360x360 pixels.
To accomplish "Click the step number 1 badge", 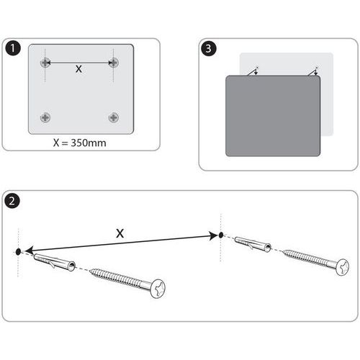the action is click(12, 48).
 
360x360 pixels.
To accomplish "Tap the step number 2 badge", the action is click(12, 201).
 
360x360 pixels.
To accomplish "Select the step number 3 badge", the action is click(208, 48).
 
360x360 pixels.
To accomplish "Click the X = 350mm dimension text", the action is click(80, 143).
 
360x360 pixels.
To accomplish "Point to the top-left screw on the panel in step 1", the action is click(45, 63).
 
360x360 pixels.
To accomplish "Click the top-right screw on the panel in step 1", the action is click(114, 63).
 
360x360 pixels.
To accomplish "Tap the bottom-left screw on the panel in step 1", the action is click(45, 117).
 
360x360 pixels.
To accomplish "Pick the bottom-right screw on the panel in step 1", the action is click(114, 117).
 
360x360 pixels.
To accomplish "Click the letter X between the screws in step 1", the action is click(78, 69).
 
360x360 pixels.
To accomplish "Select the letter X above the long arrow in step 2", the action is click(120, 233).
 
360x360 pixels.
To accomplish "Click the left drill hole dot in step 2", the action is click(18, 252).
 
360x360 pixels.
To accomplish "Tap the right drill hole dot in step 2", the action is click(221, 235).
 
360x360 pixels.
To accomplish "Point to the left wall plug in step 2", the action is click(55, 262).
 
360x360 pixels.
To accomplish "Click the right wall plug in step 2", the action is click(253, 244).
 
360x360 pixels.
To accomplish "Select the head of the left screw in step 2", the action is click(158, 289).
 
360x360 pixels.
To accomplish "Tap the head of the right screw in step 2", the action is click(343, 267).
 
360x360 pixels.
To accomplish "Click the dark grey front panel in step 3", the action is click(273, 116).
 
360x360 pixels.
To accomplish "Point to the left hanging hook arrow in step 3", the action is click(253, 71).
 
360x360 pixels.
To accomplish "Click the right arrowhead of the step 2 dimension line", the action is click(213, 235).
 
